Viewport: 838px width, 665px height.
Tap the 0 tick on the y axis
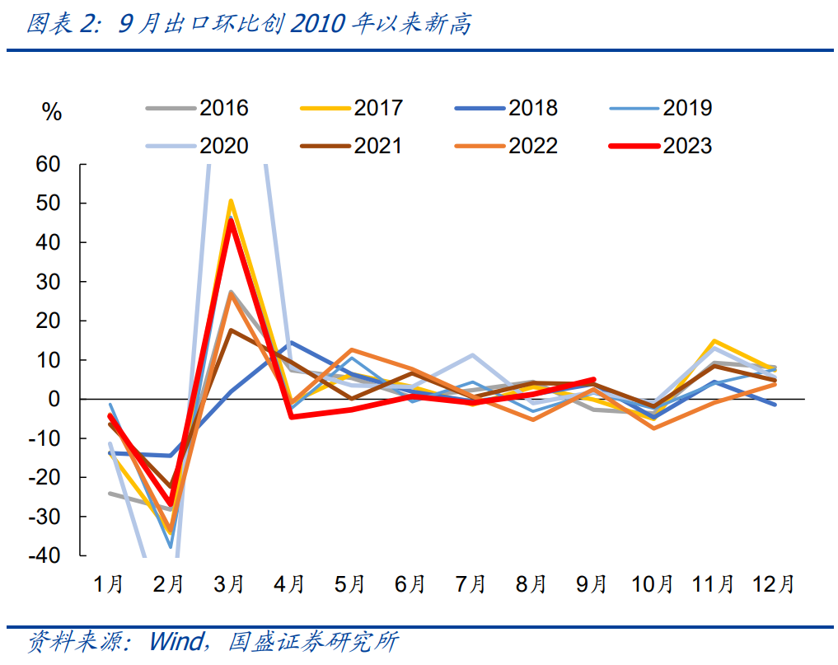[x=55, y=400]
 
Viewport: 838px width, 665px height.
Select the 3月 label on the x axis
[x=229, y=585]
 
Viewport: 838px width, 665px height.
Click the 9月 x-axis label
[x=592, y=585]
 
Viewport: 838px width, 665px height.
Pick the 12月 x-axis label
[x=773, y=585]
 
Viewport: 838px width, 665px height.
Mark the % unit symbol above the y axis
[x=51, y=113]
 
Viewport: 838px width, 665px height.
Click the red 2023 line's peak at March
[x=232, y=220]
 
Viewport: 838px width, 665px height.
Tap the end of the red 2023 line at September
[x=593, y=380]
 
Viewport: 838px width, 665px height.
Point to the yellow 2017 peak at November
[x=714, y=341]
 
